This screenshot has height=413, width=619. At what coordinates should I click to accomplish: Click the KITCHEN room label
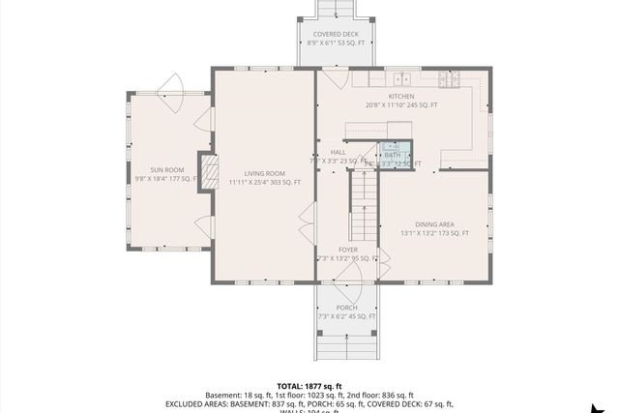pyautogui.click(x=400, y=97)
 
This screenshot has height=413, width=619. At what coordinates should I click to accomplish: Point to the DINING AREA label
pyautogui.click(x=434, y=224)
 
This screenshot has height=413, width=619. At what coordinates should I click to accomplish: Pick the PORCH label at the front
pyautogui.click(x=346, y=308)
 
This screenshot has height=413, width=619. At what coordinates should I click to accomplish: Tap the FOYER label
pyautogui.click(x=347, y=250)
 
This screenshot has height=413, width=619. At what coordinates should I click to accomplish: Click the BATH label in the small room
pyautogui.click(x=392, y=155)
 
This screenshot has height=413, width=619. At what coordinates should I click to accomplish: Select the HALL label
pyautogui.click(x=339, y=152)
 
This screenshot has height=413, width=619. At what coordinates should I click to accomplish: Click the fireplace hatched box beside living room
pyautogui.click(x=207, y=172)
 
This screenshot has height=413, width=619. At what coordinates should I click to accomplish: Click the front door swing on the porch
pyautogui.click(x=345, y=292)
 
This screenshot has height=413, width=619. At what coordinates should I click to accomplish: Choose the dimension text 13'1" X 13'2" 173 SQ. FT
pyautogui.click(x=434, y=233)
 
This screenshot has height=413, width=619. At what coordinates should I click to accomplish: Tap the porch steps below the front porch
pyautogui.click(x=345, y=343)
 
